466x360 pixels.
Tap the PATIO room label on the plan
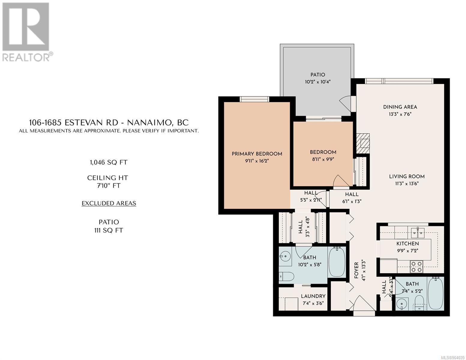tap(317, 75)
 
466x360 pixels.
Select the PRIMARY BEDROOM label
tap(257, 154)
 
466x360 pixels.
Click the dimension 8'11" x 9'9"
tap(323, 159)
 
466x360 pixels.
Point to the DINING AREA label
tap(400, 107)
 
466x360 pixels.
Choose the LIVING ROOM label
tap(407, 176)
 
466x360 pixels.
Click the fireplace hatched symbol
tap(363, 143)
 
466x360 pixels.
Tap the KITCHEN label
tap(407, 244)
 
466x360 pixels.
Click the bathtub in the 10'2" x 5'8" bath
tap(337, 262)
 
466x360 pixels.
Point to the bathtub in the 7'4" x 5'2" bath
tap(435, 293)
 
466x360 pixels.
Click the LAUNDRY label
tap(313, 296)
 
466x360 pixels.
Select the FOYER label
tap(356, 270)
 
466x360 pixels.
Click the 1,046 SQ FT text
tap(109, 162)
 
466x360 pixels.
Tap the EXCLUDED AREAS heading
tap(109, 203)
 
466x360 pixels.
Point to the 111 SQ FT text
tap(109, 230)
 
